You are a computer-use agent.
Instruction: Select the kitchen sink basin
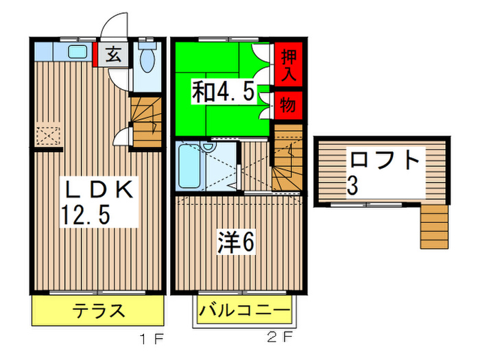(77, 51)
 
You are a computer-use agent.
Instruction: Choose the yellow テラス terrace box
(99, 311)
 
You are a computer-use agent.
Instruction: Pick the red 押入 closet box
(289, 65)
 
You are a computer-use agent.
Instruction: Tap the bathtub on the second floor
(188, 167)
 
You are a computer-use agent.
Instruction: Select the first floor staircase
(145, 121)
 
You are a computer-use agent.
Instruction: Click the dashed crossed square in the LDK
(49, 134)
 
